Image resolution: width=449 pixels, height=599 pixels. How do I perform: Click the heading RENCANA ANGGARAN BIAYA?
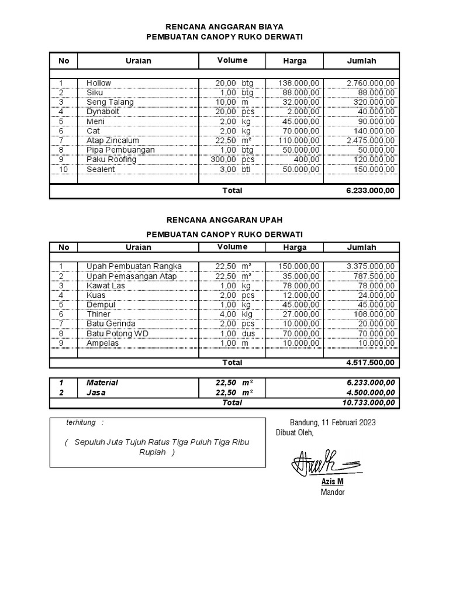coord(224,26)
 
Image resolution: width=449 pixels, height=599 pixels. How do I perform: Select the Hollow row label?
coord(99,83)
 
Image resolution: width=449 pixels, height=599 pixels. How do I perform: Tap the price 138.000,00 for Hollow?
coord(299,83)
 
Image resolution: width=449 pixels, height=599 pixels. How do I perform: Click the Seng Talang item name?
coord(110,102)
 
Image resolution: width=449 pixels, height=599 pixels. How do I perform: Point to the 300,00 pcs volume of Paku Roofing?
coord(233,159)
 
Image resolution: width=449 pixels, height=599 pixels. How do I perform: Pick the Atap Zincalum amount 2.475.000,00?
coord(371,140)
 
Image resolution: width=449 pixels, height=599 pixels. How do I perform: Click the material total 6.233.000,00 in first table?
coord(371,191)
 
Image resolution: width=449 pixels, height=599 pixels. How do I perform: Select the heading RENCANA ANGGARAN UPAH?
coord(224,220)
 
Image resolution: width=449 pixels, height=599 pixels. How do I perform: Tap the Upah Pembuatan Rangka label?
coord(134,266)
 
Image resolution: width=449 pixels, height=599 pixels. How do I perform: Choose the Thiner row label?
coord(98,314)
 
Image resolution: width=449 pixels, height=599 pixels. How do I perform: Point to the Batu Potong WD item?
coord(118,333)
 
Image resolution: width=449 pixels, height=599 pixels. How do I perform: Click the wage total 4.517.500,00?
coord(371,363)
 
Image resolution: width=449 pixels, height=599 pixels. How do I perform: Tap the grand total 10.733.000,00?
coord(368,402)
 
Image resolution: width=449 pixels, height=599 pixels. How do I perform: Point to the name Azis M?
coord(332,481)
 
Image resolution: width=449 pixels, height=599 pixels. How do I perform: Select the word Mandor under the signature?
coord(332,492)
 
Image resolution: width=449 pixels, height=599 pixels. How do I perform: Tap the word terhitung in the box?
coord(81,422)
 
